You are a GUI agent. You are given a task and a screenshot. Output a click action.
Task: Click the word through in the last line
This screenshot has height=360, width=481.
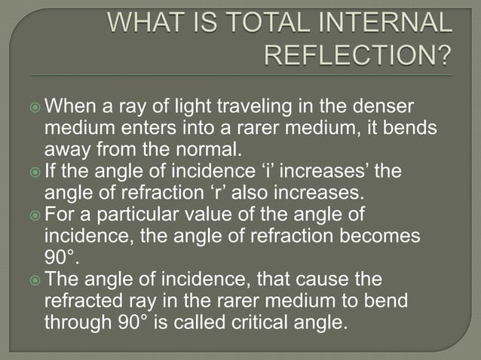point(83,324)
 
